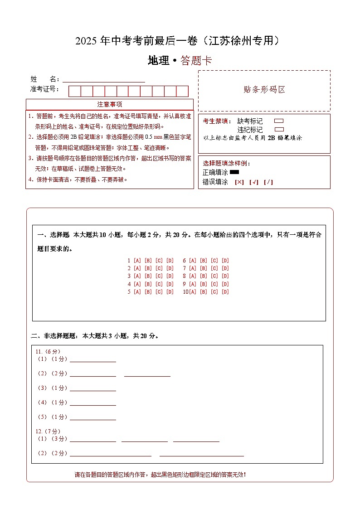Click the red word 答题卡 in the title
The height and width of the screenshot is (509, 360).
pos(196,61)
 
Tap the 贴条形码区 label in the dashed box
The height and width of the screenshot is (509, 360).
pos(264,89)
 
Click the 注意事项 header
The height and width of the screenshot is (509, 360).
pos(109,104)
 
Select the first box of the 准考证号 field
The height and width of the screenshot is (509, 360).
pos(74,91)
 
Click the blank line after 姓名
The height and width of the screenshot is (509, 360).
pos(103,79)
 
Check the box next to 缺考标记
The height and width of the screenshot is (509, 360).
pos(279,121)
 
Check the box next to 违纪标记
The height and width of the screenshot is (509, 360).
pos(279,129)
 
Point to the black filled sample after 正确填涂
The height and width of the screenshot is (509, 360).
pos(234,172)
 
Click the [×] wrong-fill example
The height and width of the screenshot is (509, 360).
pos(239,182)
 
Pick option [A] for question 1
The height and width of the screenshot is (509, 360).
pos(137,261)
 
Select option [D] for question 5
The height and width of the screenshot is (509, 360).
pos(170,291)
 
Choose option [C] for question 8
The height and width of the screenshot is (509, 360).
pos(214,276)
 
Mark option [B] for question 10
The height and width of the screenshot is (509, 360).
pos(203,291)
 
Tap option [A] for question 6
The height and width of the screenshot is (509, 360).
pos(192,261)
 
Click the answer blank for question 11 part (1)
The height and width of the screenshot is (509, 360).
pos(92,359)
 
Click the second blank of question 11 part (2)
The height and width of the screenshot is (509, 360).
pos(147,373)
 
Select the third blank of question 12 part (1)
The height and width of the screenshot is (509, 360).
pos(196,439)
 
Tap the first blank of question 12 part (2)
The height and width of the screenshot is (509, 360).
pos(110,453)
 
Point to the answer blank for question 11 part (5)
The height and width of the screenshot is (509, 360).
pos(92,417)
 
